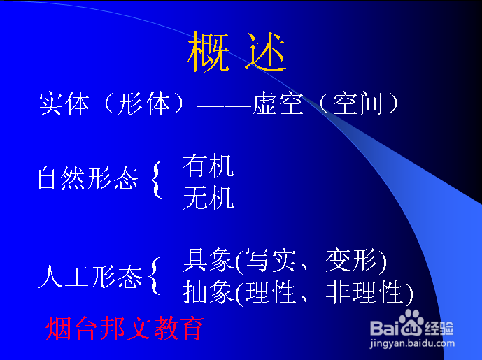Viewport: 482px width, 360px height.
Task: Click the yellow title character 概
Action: (x=208, y=52)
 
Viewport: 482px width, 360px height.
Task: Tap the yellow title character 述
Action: (x=266, y=52)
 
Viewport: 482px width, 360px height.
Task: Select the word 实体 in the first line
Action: (x=64, y=103)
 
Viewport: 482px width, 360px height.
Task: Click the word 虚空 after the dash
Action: (x=277, y=103)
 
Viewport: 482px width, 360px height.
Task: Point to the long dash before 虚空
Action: (x=225, y=106)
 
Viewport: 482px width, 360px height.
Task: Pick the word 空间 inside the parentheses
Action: (x=357, y=103)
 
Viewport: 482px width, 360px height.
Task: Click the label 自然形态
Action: (x=88, y=178)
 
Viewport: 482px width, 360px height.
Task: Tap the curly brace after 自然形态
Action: (x=156, y=180)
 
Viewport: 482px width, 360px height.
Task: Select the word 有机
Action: (x=208, y=166)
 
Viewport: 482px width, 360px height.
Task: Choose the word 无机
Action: (x=208, y=198)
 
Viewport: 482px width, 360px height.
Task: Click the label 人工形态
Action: (x=90, y=277)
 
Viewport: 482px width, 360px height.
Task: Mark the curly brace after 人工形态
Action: (x=154, y=276)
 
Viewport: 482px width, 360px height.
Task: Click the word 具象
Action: (x=208, y=260)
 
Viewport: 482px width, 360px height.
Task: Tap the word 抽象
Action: (x=208, y=292)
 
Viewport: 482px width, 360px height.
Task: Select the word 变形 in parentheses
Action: (x=351, y=260)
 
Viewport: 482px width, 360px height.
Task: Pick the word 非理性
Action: (x=364, y=292)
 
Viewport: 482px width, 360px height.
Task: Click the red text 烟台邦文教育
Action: (x=125, y=329)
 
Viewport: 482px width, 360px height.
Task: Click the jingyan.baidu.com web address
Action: (x=412, y=343)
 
